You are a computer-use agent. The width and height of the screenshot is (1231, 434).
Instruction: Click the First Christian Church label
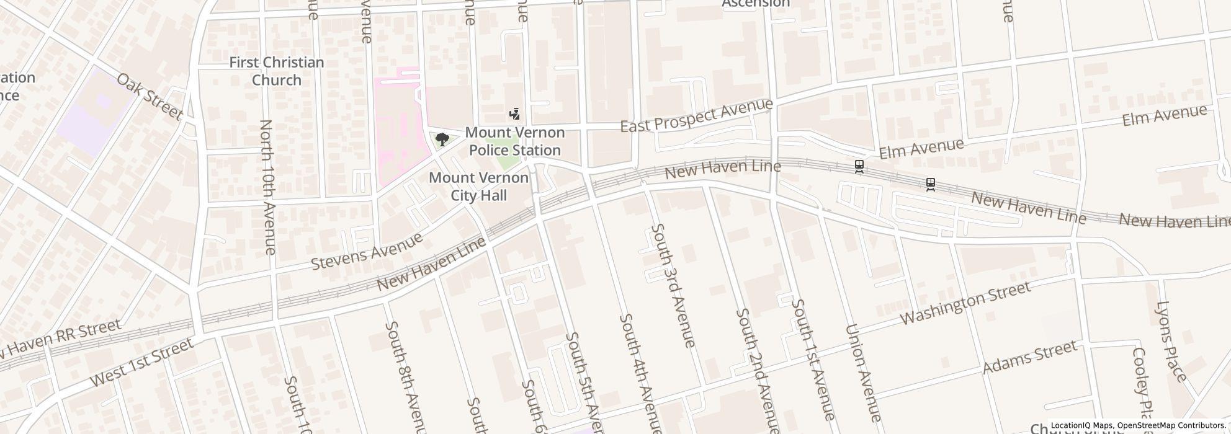(276, 71)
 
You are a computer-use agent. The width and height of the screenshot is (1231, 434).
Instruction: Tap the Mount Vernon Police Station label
(514, 141)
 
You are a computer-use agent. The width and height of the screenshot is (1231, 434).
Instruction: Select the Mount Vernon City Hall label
(478, 187)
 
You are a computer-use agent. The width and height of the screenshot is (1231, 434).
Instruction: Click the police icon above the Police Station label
(514, 114)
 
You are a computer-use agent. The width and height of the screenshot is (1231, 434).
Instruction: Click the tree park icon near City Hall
(442, 139)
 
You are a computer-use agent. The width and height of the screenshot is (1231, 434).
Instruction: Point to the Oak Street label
(150, 97)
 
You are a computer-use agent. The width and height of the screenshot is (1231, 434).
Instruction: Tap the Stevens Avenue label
(366, 251)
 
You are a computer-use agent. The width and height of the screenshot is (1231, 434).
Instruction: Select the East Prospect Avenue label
(697, 115)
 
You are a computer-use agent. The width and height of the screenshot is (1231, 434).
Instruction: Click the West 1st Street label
(142, 362)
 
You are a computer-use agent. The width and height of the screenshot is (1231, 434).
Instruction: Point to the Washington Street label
(965, 303)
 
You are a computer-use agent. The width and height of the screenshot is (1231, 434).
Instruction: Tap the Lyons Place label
(1171, 341)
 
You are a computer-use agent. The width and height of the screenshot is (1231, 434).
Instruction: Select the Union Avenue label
(863, 372)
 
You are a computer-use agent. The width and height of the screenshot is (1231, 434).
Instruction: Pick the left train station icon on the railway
(859, 166)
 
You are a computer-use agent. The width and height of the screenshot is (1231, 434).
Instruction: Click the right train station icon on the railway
(930, 184)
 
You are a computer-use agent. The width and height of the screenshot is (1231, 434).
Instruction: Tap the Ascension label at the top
(755, 4)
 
